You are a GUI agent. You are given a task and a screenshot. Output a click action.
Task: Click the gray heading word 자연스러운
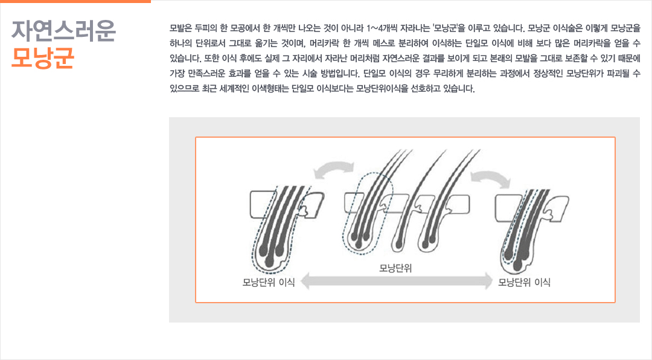(x=63, y=31)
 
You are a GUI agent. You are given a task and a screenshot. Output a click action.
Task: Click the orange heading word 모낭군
(x=43, y=57)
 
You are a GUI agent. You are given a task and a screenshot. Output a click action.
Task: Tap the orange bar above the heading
(x=75, y=1)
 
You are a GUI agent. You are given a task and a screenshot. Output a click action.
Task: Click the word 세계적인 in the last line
(x=234, y=89)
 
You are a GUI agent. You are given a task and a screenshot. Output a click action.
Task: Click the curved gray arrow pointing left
(x=333, y=169)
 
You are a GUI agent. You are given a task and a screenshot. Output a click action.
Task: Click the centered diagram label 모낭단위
(x=395, y=268)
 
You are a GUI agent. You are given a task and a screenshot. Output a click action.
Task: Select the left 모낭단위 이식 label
(x=269, y=282)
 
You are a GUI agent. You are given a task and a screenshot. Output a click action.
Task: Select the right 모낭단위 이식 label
(x=525, y=282)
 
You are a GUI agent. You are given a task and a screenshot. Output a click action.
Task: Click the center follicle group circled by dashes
(x=366, y=212)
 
